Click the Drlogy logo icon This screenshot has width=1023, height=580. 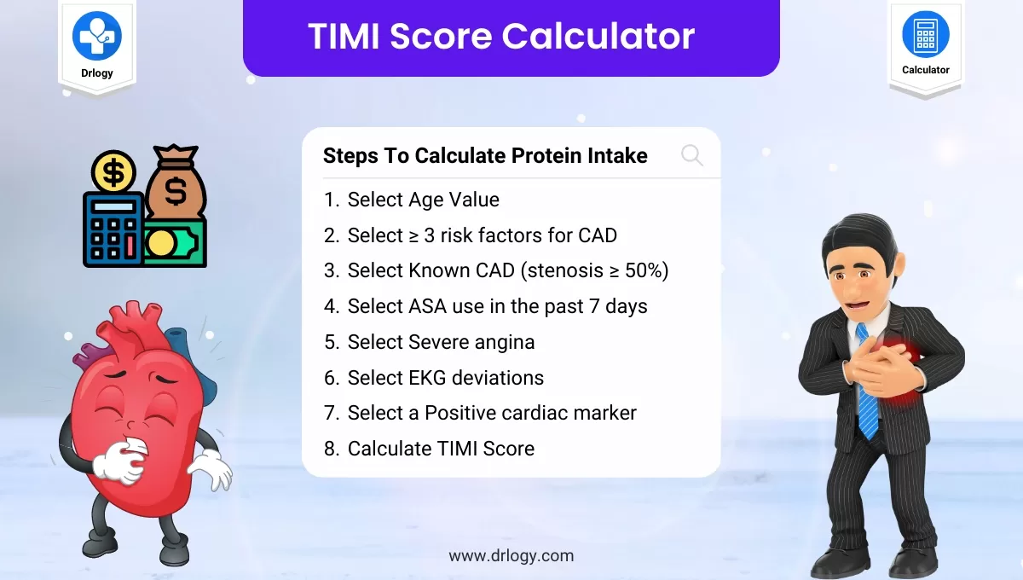97,36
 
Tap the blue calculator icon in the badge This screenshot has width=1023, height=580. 925,35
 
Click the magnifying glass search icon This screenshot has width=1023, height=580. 692,155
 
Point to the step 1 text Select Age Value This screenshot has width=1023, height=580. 424,200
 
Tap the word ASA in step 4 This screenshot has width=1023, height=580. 427,306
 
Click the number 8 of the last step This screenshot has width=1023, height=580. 330,449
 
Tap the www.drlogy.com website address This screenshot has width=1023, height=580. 511,556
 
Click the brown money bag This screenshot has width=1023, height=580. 176,183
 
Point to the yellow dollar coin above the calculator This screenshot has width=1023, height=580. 113,172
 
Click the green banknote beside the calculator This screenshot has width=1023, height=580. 175,243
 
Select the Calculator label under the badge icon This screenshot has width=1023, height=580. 925,70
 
